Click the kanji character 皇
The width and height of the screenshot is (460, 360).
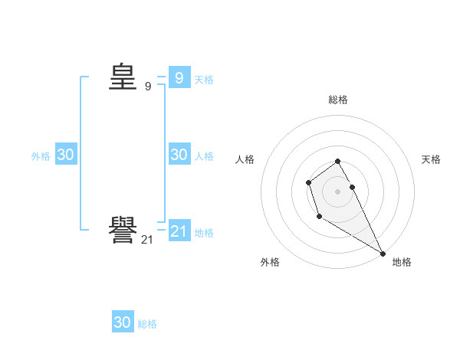click(123, 77)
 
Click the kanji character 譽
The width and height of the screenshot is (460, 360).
click(123, 231)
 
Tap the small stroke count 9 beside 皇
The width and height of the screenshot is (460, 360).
click(148, 87)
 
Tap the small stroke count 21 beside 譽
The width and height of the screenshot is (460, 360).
click(148, 240)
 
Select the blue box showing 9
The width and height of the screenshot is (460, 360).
click(179, 77)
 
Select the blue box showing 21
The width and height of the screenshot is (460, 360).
click(179, 231)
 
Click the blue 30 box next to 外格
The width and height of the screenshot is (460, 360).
click(66, 155)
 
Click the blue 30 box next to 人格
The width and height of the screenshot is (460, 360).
click(179, 155)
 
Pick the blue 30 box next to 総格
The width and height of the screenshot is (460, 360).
click(123, 322)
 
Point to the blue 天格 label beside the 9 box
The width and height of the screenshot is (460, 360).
click(204, 79)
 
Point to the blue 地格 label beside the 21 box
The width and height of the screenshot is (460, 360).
click(204, 232)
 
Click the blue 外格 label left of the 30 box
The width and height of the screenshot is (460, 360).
click(41, 156)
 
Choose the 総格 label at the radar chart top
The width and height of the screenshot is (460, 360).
click(338, 100)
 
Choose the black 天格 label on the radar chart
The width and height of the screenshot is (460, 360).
click(432, 159)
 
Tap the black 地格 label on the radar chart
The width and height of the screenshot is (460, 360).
click(402, 262)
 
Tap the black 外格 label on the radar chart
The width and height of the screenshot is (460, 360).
click(270, 262)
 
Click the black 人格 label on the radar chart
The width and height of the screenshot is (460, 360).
click(245, 159)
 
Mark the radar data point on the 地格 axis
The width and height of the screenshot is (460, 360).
click(383, 254)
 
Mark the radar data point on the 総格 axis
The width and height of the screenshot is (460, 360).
click(338, 161)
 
